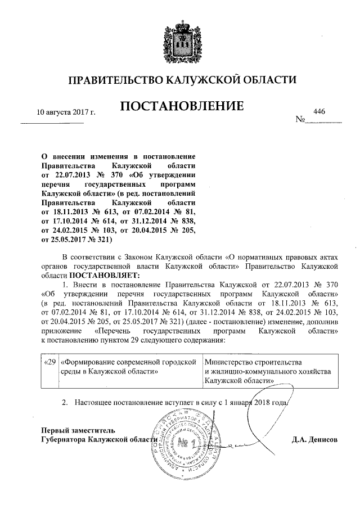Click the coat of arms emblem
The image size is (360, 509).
click(x=182, y=39)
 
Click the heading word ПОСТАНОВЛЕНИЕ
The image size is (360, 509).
click(x=181, y=106)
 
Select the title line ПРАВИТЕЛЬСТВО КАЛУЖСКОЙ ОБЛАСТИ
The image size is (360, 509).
click(x=181, y=80)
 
